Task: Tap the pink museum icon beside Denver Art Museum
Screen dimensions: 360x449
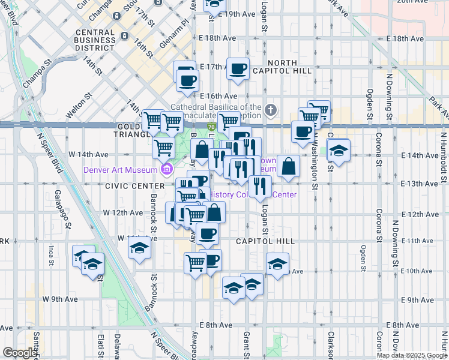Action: (x=166, y=170)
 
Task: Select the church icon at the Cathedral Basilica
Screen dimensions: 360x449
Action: (x=271, y=110)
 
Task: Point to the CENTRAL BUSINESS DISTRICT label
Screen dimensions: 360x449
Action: (x=96, y=40)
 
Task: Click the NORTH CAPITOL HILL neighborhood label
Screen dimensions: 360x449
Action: (x=282, y=67)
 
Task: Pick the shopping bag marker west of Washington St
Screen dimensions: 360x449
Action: (x=289, y=167)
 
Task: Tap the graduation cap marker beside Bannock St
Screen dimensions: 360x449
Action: (x=139, y=248)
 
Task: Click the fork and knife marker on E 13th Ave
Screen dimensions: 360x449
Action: (x=259, y=187)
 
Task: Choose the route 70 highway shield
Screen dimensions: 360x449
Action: (x=212, y=127)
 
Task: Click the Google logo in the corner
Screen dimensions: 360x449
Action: (x=20, y=353)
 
